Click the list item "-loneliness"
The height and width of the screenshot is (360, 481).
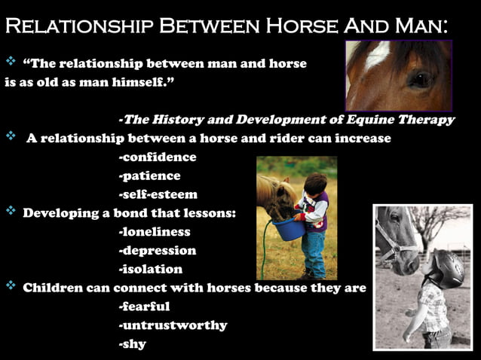point(154,232)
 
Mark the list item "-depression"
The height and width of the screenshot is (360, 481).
point(157,251)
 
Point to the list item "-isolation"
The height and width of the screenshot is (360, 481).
point(150,269)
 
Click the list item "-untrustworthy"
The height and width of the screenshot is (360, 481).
point(172,325)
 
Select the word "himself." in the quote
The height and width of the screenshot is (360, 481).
point(142,82)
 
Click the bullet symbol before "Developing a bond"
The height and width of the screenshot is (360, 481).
point(11,212)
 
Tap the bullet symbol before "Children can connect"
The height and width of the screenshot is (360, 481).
point(11,286)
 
